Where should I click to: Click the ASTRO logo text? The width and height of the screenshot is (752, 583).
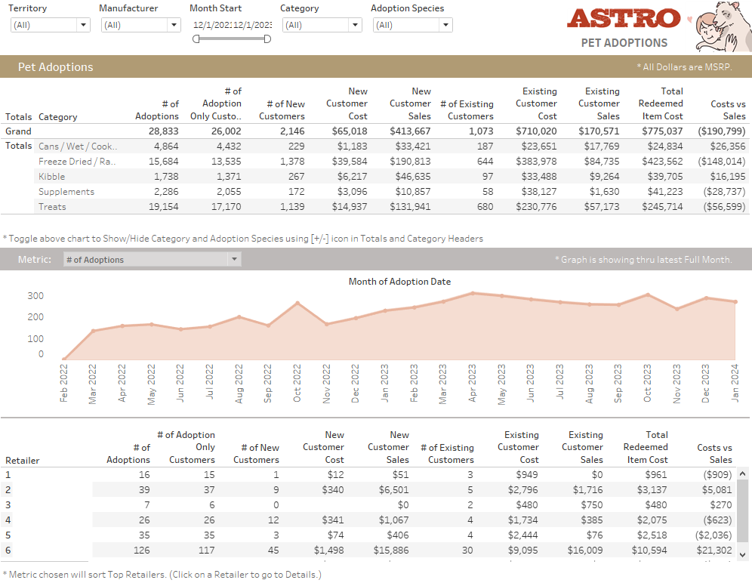point(624,18)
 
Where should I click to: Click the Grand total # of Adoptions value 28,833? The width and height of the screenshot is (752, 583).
point(157,131)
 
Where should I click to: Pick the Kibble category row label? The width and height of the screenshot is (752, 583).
point(52,177)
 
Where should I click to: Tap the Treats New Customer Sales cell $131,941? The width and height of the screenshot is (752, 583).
point(410,207)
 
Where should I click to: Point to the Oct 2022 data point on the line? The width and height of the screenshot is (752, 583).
point(297,303)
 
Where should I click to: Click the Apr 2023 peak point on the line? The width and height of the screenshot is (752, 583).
point(473,293)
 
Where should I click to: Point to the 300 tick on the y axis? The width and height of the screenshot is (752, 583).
point(35,296)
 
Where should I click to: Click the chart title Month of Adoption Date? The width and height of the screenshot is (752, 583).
point(399,282)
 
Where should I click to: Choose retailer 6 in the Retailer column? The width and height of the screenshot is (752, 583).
point(8,551)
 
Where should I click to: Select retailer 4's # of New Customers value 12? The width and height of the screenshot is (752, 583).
point(273,520)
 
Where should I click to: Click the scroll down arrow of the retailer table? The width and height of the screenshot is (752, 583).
point(742,554)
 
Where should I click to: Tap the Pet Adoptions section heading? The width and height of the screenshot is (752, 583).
point(56,67)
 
